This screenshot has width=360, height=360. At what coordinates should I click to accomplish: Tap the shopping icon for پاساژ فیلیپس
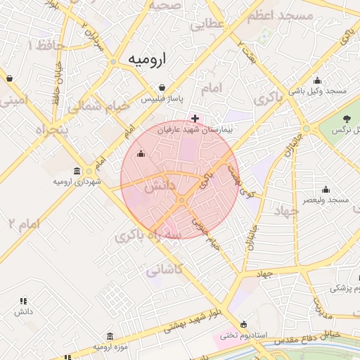162,88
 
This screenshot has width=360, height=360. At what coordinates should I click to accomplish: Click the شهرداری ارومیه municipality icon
77,171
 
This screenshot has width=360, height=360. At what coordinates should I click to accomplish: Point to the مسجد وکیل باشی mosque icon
317,80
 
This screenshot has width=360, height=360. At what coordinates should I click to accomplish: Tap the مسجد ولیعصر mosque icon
325,189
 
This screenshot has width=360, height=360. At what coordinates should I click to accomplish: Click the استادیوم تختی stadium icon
243,324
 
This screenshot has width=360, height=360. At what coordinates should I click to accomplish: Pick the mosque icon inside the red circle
141,154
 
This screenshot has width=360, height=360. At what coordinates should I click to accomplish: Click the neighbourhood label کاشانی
165,268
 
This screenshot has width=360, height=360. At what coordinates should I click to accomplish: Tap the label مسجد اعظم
284,15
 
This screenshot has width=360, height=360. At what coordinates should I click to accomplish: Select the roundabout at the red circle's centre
181,201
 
